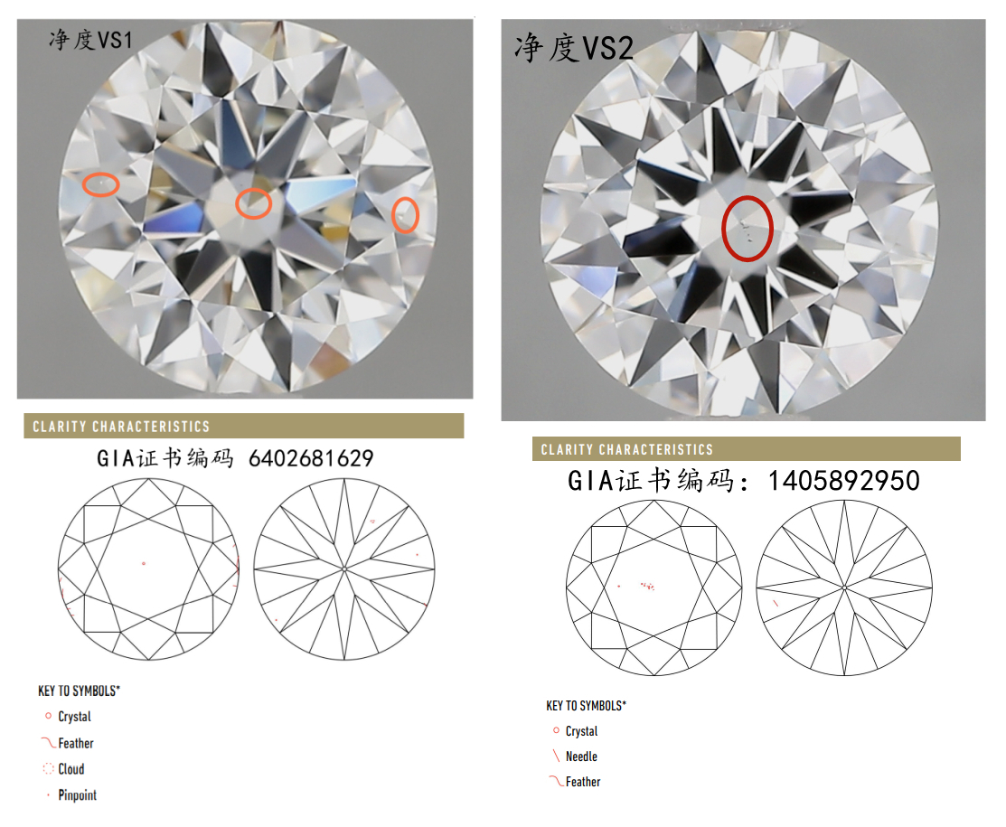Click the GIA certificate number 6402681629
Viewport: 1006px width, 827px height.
tap(311, 458)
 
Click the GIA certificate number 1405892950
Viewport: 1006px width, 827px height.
tap(843, 481)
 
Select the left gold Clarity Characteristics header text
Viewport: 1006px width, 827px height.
tap(121, 427)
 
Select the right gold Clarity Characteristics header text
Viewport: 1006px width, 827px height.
tap(626, 450)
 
